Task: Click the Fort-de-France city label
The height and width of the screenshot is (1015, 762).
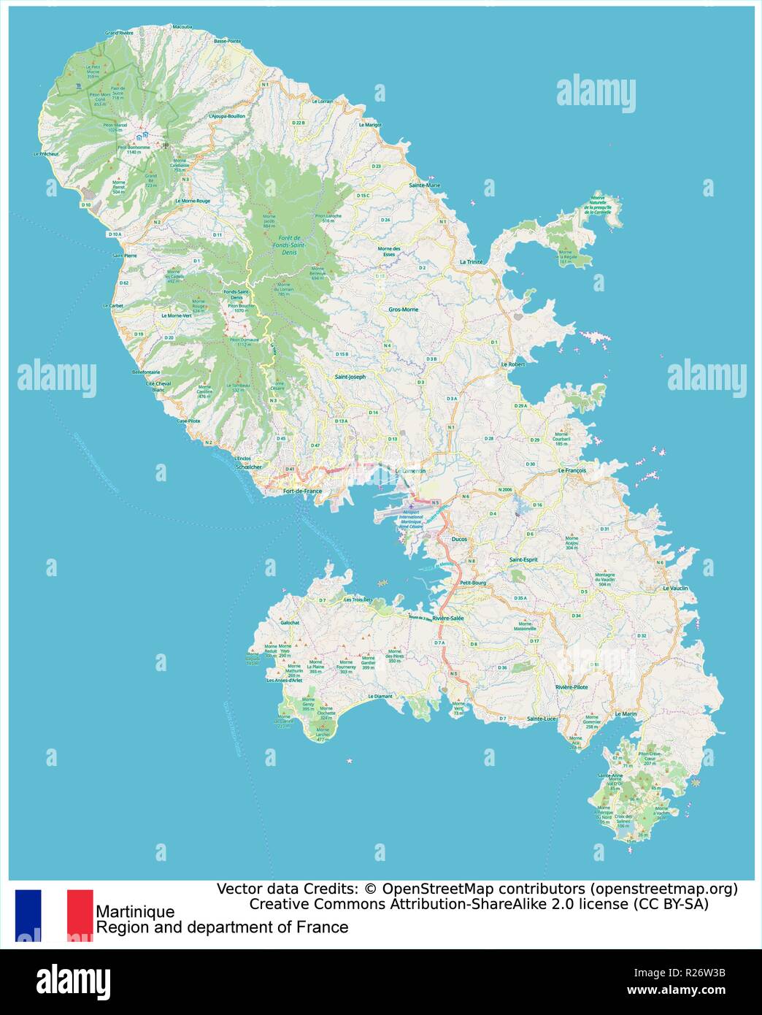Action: coord(301,491)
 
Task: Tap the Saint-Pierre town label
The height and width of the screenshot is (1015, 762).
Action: coord(124,256)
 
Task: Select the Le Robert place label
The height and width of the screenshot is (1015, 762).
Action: coord(513,364)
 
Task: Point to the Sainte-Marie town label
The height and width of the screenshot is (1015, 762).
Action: coord(425,185)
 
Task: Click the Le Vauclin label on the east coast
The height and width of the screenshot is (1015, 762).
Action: coord(675,588)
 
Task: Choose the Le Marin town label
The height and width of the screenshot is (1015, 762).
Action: coord(626,713)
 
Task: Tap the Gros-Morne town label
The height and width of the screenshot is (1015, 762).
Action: coord(403,310)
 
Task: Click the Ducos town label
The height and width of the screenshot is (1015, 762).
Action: coord(459,539)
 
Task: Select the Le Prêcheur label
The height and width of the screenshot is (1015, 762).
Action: coord(45,155)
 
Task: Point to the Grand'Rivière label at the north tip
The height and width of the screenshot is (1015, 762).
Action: coord(119,33)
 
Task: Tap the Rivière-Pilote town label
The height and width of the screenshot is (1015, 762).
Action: coord(571,687)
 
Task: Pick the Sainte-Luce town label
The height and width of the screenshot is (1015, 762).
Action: coord(541,719)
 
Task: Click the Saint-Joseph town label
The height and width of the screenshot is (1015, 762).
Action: coord(350,377)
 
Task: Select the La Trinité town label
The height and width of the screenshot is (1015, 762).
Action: coord(471,261)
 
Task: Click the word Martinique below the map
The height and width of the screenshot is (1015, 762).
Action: coord(135,911)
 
